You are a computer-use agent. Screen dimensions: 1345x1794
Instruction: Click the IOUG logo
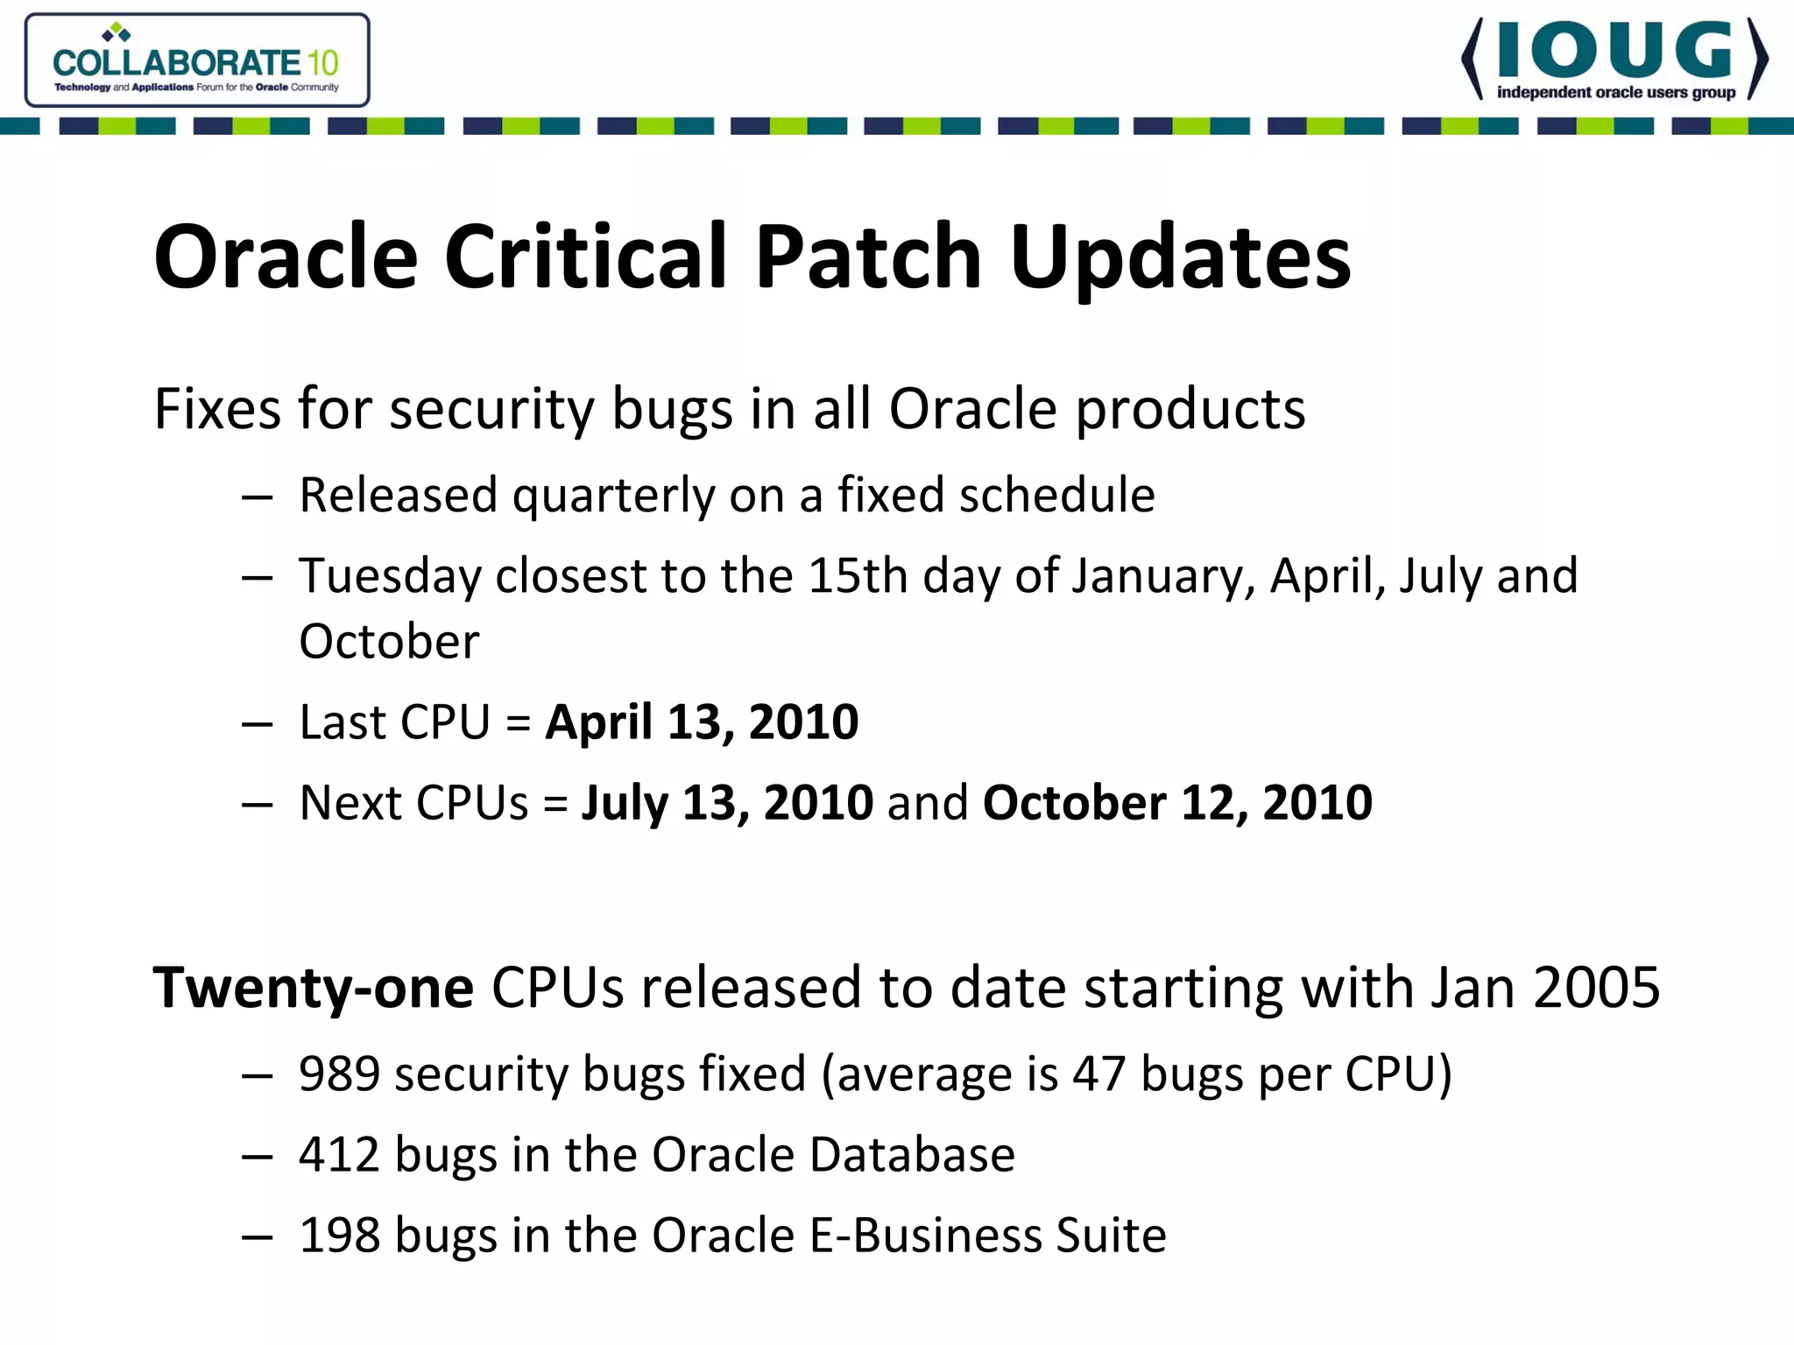(x=1614, y=60)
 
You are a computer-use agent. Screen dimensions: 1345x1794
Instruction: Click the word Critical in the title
(x=586, y=257)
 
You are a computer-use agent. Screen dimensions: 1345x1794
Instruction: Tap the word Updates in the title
(x=1180, y=257)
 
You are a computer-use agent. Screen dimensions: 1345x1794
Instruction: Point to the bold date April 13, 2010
(x=702, y=722)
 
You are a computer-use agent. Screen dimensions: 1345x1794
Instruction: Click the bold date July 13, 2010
(x=727, y=803)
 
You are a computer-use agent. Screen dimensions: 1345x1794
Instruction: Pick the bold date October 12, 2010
(x=1177, y=803)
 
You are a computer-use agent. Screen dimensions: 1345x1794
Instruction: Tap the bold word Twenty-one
(x=314, y=988)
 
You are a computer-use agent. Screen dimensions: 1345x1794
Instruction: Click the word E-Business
(x=925, y=1236)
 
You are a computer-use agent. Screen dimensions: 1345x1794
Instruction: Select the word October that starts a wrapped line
(x=389, y=642)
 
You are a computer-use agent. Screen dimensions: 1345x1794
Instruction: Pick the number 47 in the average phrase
(x=1098, y=1074)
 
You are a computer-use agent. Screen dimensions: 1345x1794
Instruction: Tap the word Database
(x=912, y=1155)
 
